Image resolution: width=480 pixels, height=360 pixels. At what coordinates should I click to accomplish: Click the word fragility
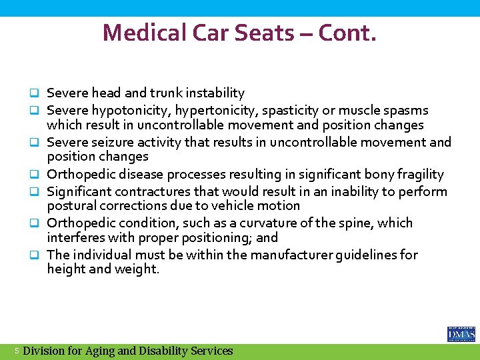[419, 175]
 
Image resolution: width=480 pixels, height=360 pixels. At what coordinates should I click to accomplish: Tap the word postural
[69, 206]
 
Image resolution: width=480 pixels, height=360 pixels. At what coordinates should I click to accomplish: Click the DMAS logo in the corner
[461, 334]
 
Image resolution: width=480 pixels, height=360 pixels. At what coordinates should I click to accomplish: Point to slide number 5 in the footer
[17, 351]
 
